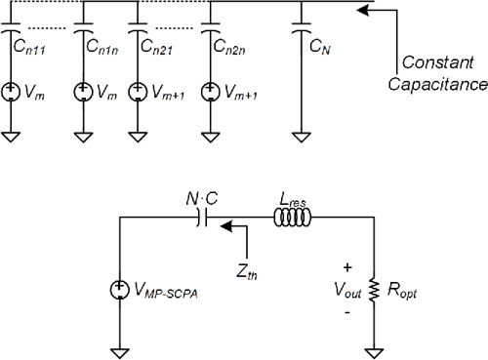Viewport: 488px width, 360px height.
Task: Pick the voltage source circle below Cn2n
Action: (x=208, y=93)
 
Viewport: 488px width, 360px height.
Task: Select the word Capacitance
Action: (x=436, y=84)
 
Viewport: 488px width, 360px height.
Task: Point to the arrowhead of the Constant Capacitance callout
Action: (x=364, y=11)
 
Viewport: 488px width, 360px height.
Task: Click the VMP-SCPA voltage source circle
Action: (x=120, y=292)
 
